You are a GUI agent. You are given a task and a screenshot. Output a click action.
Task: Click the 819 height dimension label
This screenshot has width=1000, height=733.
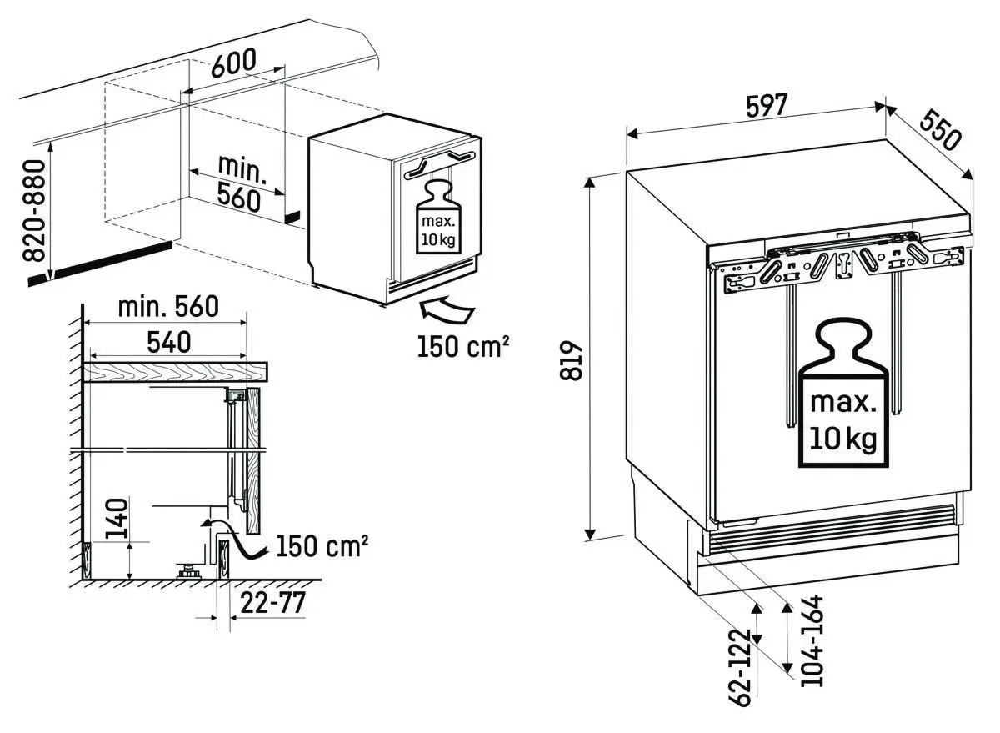tap(571, 360)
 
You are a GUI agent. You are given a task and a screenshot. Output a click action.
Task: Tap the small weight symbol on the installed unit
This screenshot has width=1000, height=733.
tap(437, 215)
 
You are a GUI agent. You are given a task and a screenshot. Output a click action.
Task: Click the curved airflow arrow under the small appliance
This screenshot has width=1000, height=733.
tap(446, 313)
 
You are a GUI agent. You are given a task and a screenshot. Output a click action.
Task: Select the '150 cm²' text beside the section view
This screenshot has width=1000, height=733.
tap(322, 546)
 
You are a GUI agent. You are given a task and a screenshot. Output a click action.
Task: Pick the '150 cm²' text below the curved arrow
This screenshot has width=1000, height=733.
tap(463, 345)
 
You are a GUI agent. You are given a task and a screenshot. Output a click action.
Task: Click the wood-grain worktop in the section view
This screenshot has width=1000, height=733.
tap(175, 372)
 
